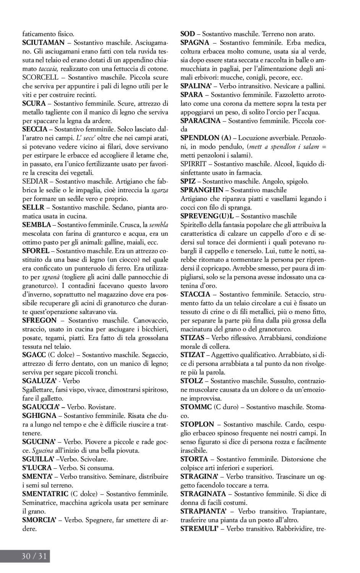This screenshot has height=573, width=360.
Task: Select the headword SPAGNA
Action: [x=195, y=42]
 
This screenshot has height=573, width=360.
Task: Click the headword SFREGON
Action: [x=39, y=320]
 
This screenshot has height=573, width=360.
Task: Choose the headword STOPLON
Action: [x=197, y=424]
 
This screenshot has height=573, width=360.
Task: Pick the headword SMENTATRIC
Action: [x=45, y=494]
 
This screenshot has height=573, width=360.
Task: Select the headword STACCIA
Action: [x=195, y=294]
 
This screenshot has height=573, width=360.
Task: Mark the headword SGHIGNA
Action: [x=39, y=416]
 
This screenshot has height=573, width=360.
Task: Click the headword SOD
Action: [x=188, y=34]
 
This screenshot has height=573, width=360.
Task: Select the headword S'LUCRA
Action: [x=36, y=468]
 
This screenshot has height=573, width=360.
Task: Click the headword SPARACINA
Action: [x=200, y=121]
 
